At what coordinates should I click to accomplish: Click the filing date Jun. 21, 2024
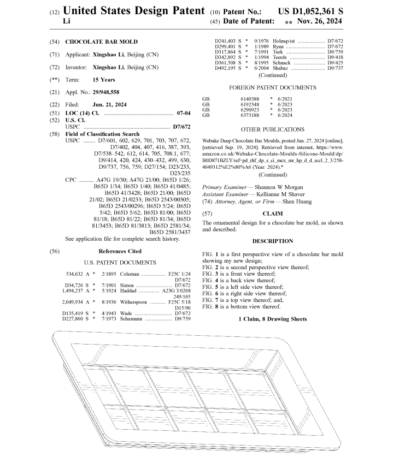[x=109, y=104]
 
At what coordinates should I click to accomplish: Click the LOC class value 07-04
[x=183, y=113]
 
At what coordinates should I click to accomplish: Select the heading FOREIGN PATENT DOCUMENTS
[x=272, y=87]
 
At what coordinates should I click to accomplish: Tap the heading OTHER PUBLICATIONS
[x=272, y=130]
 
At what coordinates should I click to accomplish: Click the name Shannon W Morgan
[x=275, y=187]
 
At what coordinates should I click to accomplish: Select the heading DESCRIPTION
[x=272, y=241]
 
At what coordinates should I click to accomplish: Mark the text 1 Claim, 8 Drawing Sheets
[x=272, y=319]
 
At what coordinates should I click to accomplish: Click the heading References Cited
[x=120, y=252]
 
